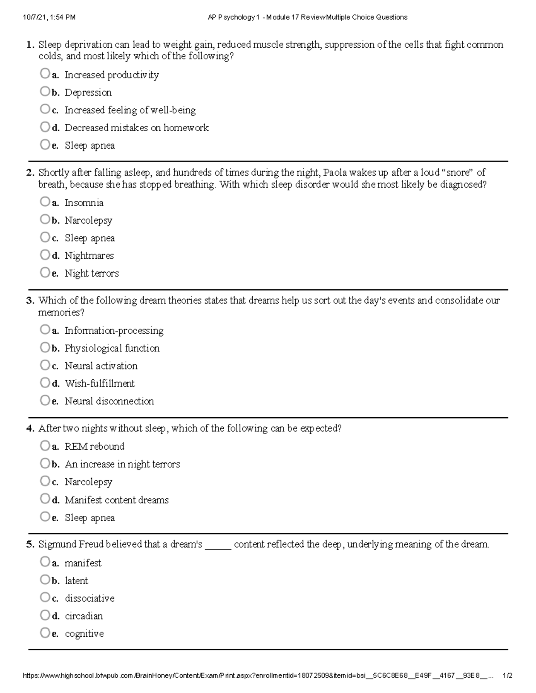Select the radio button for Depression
[44, 91]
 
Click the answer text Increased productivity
[111, 75]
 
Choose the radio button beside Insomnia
[44, 202]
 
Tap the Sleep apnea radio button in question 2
[44, 237]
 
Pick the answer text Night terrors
[92, 274]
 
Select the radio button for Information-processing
[44, 330]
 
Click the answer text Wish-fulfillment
[100, 384]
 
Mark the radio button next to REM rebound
[44, 445]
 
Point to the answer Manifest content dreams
[117, 500]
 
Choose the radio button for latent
[44, 580]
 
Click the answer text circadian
[84, 616]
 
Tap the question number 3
[30, 301]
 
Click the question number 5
[30, 545]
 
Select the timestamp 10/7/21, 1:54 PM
[49, 17]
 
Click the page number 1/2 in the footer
[507, 676]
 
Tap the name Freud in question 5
[91, 545]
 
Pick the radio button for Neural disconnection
[44, 400]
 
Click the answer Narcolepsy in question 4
[88, 482]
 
